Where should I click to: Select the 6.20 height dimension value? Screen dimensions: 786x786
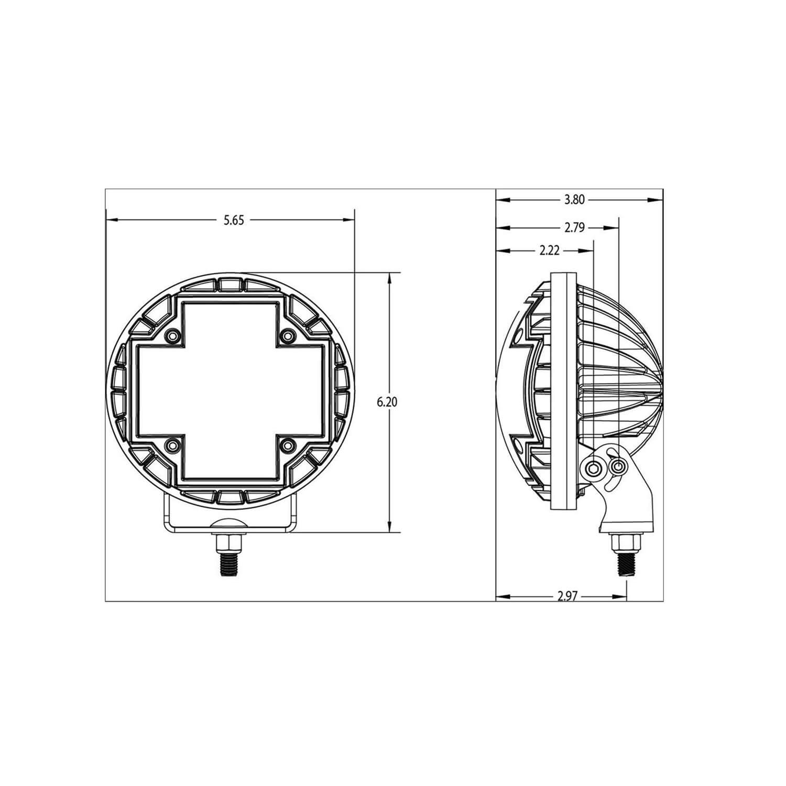pos(388,402)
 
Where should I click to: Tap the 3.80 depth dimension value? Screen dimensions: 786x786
pos(574,200)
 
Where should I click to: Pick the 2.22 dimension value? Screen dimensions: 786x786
pos(549,251)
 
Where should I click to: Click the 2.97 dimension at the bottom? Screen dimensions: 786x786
pos(567,596)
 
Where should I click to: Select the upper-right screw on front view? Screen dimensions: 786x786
pos(287,335)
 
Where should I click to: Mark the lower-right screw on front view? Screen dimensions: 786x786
pos(287,445)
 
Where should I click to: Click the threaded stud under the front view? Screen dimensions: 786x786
pos(229,564)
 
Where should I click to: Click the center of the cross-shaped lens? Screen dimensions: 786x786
pos(230,390)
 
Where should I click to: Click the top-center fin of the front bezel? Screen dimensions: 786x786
pos(230,283)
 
